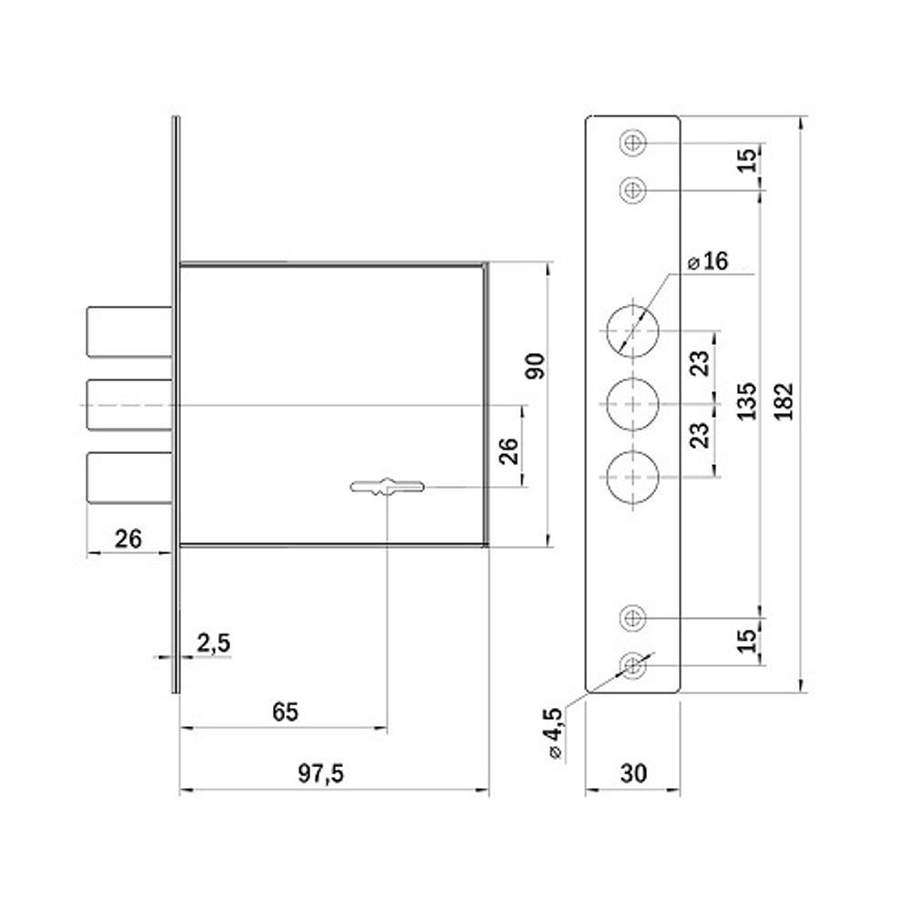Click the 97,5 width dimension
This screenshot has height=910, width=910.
pyautogui.click(x=321, y=773)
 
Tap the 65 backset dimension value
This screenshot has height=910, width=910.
pyautogui.click(x=285, y=713)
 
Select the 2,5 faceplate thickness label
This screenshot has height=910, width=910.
pyautogui.click(x=214, y=643)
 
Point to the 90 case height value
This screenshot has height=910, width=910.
pyautogui.click(x=535, y=366)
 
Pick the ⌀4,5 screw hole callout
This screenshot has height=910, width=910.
pyautogui.click(x=553, y=733)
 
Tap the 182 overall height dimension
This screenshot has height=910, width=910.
pyautogui.click(x=784, y=401)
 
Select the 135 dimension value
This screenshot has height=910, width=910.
pyautogui.click(x=746, y=401)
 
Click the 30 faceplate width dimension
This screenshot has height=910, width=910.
pyautogui.click(x=633, y=773)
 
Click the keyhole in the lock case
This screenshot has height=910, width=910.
pyautogui.click(x=387, y=486)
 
